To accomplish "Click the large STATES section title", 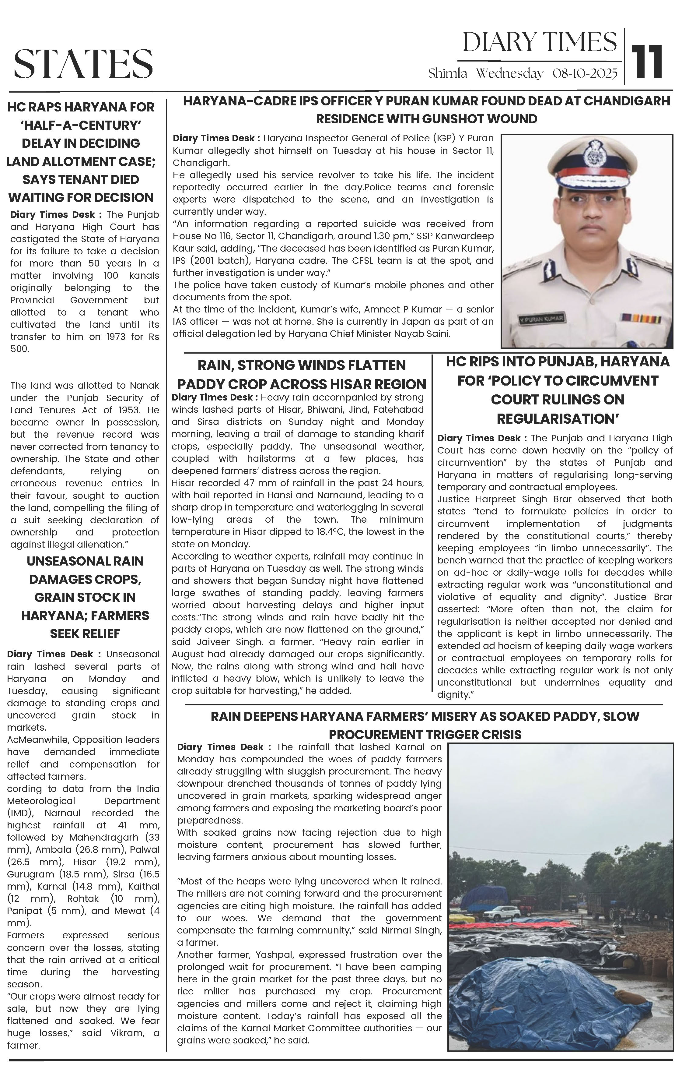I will pos(83,63).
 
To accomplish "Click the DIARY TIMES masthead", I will pos(539,42).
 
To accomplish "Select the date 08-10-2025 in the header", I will pos(585,74).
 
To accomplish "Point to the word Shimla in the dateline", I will pos(447,74).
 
